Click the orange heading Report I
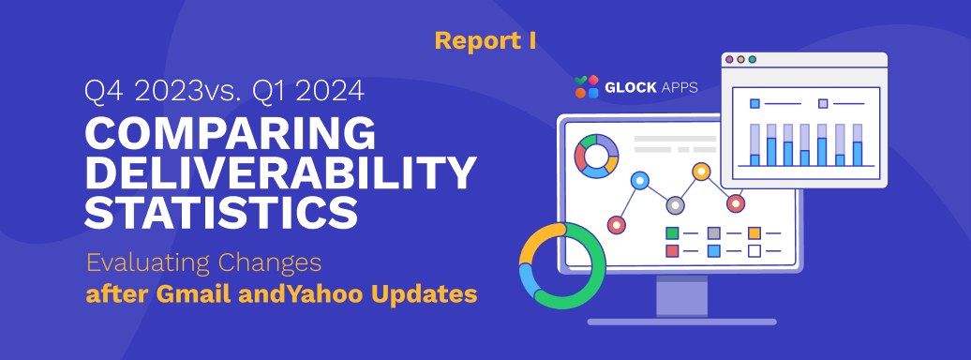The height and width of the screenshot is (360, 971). click(x=485, y=41)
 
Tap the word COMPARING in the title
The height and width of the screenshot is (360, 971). click(x=231, y=132)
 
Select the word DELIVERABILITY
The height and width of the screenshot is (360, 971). click(x=280, y=173)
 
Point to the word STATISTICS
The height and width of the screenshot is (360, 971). click(x=221, y=213)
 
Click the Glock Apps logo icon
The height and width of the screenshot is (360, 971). click(x=587, y=87)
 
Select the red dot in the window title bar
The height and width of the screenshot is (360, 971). click(x=729, y=59)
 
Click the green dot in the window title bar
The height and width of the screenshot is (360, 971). click(x=753, y=59)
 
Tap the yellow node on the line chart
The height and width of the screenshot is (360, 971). click(x=702, y=171)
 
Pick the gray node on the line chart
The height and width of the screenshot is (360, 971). click(x=675, y=205)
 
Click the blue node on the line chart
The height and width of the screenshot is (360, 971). click(x=640, y=180)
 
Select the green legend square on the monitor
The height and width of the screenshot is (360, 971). click(x=672, y=233)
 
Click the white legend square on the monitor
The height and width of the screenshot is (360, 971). click(x=754, y=251)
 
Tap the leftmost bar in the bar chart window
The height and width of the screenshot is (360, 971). click(x=754, y=145)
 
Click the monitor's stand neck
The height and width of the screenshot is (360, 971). click(x=681, y=297)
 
